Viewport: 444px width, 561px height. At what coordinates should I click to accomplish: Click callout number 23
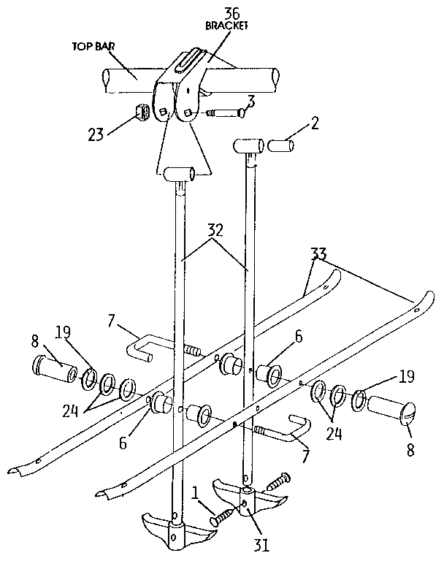pyautogui.click(x=96, y=134)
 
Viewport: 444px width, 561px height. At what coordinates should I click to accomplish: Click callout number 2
pyautogui.click(x=314, y=122)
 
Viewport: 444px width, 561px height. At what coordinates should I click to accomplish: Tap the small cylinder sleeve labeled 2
pyautogui.click(x=280, y=146)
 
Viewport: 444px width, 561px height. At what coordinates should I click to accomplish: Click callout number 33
pyautogui.click(x=318, y=256)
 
